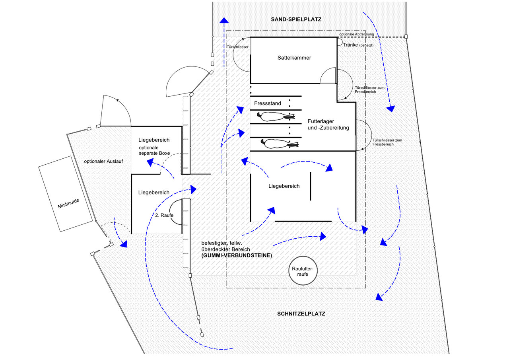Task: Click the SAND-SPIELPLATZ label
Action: [x=296, y=19]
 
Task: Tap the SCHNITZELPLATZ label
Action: [x=301, y=314]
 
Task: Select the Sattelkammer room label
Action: [x=294, y=58]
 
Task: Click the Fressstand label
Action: [x=267, y=103]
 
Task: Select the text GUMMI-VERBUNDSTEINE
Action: [x=237, y=256]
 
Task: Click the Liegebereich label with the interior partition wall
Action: [x=284, y=186]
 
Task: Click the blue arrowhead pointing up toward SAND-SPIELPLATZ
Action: [x=224, y=21]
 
